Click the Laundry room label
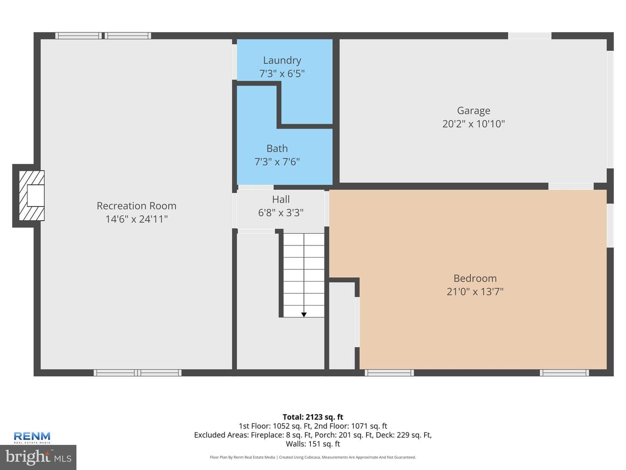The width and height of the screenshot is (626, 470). pos(282,60)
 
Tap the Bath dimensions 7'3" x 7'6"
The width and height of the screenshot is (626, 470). pos(277,162)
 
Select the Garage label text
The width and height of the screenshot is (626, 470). pos(473,111)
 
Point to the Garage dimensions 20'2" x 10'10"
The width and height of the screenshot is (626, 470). pos(473,124)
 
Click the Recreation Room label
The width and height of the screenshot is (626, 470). pos(137,206)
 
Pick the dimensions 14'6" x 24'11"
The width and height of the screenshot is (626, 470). pos(137,219)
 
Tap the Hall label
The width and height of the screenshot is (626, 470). pos(281,199)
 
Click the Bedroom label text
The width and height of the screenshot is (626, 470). pos(475,278)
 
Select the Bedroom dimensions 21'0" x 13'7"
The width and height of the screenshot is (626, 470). pos(475,292)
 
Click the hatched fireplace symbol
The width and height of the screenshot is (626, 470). pos(31,195)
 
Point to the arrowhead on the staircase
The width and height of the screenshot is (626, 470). pos(304,315)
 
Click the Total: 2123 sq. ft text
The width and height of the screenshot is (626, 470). pos(313,417)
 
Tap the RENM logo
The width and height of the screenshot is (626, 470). pos(32,437)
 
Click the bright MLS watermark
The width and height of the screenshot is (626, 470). pos(38,457)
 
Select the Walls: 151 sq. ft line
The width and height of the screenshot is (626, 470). pos(313,444)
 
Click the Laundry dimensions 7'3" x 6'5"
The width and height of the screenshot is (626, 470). pos(282,74)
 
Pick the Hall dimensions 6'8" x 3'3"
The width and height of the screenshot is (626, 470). pos(281,213)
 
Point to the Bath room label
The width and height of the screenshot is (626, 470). pos(277,148)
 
